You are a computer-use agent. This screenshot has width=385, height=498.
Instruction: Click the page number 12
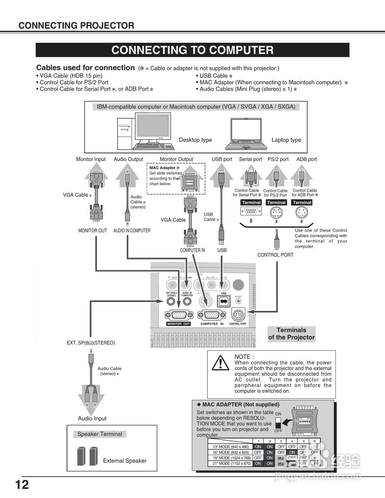[22, 485]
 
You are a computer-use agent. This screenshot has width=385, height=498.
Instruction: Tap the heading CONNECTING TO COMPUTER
[192, 50]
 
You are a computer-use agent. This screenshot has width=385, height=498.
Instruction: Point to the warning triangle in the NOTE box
[220, 363]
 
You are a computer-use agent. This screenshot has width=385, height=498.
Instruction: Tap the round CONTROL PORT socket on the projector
[238, 314]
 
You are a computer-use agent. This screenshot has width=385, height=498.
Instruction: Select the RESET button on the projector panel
[238, 301]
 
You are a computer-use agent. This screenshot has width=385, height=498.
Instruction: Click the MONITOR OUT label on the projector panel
[178, 324]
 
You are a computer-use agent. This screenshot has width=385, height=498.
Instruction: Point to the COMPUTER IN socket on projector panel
[211, 315]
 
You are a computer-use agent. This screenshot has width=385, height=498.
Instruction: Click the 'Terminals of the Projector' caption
[291, 334]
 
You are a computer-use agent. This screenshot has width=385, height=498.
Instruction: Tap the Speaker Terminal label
[100, 434]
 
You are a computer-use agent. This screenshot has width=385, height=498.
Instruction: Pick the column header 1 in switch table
[258, 441]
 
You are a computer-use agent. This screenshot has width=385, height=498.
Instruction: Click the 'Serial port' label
[250, 159]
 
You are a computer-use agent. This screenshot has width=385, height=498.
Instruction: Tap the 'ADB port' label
[306, 159]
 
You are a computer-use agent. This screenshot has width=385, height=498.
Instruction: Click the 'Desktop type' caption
[195, 140]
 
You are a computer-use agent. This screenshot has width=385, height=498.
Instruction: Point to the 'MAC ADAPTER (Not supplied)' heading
[241, 405]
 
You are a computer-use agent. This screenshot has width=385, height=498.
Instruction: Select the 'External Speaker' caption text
[125, 461]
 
